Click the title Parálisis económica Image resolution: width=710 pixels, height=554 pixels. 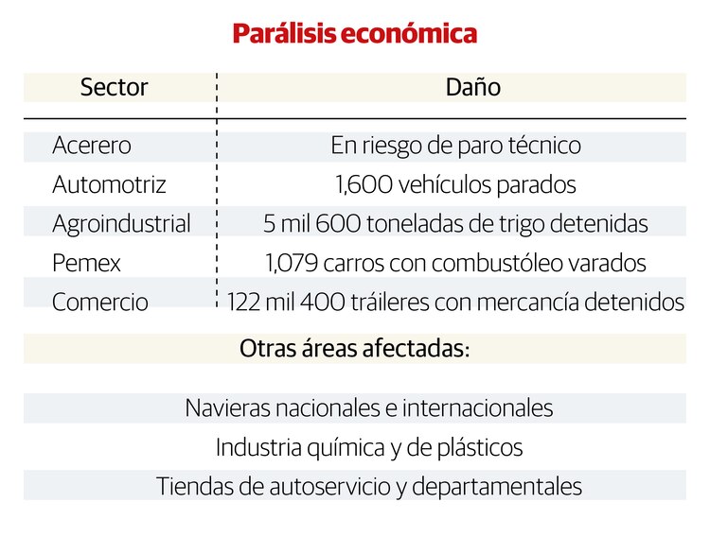pos(355,35)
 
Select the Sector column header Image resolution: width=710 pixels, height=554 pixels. pos(114,88)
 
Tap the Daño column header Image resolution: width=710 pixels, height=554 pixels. pos(472,88)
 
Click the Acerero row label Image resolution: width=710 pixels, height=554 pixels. pos(92,147)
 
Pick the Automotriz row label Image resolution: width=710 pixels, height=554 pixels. pos(109,185)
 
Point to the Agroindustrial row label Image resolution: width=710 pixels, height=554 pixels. pos(121,224)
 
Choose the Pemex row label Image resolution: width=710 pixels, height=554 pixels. pos(87,264)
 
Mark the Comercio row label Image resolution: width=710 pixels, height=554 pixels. pos(100,303)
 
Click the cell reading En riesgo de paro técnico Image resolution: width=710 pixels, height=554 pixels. pos(455,147)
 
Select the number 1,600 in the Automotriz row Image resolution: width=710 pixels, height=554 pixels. pos(358,185)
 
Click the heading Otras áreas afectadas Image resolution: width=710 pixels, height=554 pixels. pos(355,348)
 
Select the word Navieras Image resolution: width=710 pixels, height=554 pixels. pos(225,408)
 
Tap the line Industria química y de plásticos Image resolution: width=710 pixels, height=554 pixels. pos(369,447)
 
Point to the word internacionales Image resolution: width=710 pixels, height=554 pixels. pos(477,408)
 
